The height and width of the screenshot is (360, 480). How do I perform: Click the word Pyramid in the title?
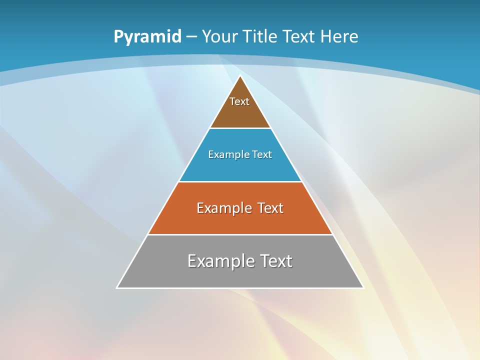147,37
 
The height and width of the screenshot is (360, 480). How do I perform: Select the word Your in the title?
219,36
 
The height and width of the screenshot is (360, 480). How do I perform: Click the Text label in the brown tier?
239,101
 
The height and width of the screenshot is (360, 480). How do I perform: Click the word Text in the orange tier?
270,208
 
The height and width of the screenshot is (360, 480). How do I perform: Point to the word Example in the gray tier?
220,261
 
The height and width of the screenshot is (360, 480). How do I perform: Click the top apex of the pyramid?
240,76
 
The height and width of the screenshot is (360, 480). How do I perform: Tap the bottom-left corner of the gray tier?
117,287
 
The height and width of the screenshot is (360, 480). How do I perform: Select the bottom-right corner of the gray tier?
363,287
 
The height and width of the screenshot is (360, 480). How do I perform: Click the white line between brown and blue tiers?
240,128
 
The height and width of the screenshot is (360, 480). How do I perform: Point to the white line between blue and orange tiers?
240,181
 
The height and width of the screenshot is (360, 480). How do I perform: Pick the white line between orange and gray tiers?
240,235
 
